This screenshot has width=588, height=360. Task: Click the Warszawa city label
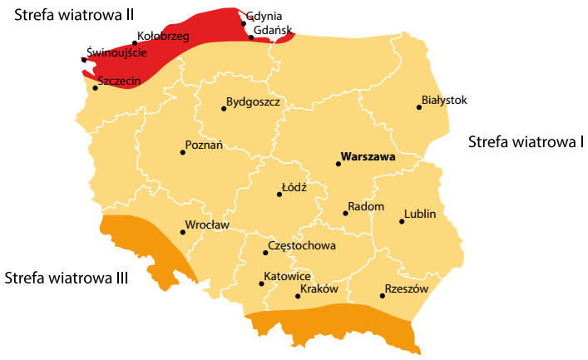pyautogui.click(x=367, y=156)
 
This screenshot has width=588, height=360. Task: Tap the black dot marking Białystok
pyautogui.click(x=419, y=106)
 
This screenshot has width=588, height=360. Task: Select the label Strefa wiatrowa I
pyautogui.click(x=526, y=141)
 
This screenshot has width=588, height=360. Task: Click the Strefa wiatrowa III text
pyautogui.click(x=67, y=278)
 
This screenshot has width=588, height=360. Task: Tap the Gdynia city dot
pyautogui.click(x=244, y=23)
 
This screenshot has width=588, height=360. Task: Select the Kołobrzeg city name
pyautogui.click(x=164, y=37)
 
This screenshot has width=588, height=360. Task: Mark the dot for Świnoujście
pyautogui.click(x=83, y=60)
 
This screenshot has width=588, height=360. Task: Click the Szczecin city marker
pyautogui.click(x=95, y=87)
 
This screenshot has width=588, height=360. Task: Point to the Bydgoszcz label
pyautogui.click(x=253, y=101)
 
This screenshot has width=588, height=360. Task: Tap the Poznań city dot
pyautogui.click(x=182, y=152)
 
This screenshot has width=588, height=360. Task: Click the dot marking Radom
pyautogui.click(x=345, y=213)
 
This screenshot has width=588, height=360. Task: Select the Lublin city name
pyautogui.click(x=420, y=214)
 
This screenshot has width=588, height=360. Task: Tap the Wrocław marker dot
pyautogui.click(x=183, y=232)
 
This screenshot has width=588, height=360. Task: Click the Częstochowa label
pyautogui.click(x=303, y=246)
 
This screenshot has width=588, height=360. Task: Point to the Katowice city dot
pyautogui.click(x=262, y=284)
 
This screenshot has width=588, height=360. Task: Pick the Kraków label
pyautogui.click(x=320, y=289)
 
